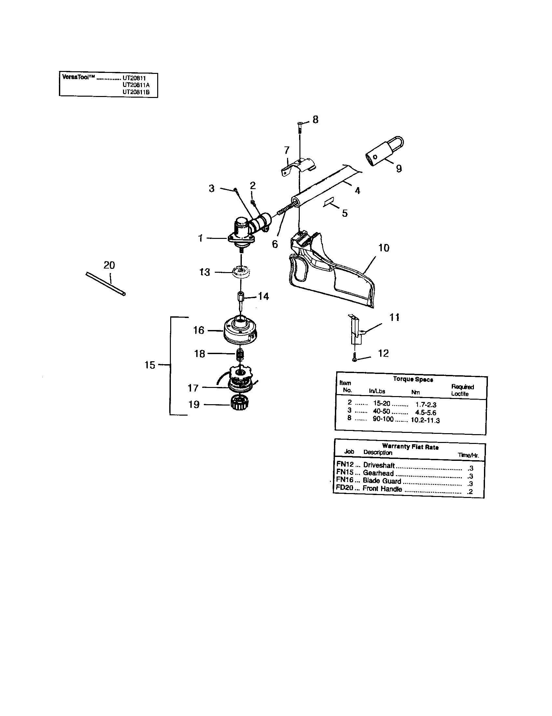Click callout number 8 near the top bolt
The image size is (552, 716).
click(x=315, y=120)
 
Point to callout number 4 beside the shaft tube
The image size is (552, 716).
click(x=357, y=190)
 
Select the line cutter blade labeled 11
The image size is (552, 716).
click(x=355, y=329)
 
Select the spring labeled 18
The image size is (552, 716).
click(x=241, y=354)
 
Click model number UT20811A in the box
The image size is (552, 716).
click(x=136, y=85)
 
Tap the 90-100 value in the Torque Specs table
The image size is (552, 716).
click(x=383, y=419)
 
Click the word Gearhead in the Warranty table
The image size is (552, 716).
click(x=378, y=473)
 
